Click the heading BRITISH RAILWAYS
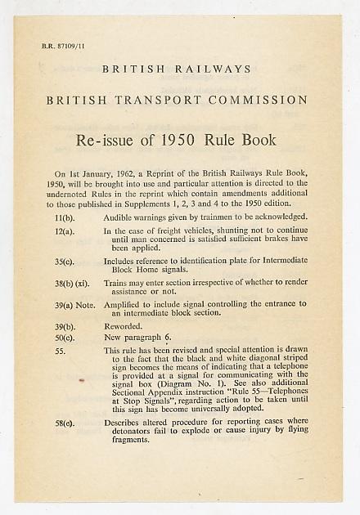pos(177,69)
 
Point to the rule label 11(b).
pos(65,217)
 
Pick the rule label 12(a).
pos(65,231)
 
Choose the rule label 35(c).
pos(65,262)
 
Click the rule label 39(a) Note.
pos(74,304)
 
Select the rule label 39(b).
pos(65,325)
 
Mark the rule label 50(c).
pos(65,337)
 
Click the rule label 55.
pos(60,350)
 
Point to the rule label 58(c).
pos(65,423)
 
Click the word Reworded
pos(122,325)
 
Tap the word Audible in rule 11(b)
pos(119,217)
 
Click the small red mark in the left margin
pos(80,380)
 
